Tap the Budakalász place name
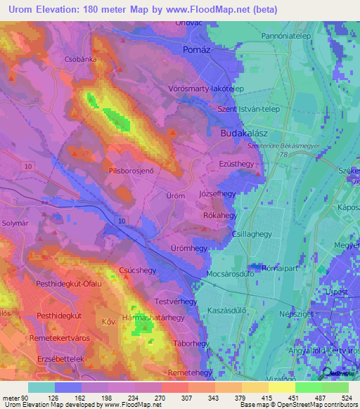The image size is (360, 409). pos(236,131)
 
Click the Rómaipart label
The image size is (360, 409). pos(261,268)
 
